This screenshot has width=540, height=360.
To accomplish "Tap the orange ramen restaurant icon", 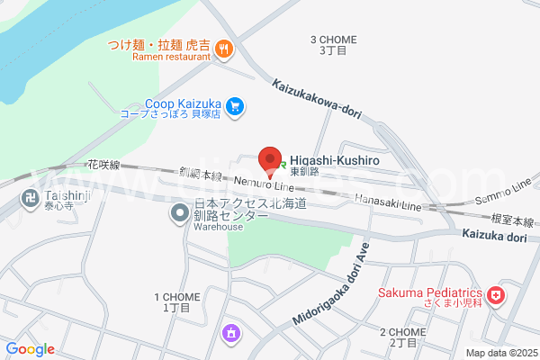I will click(x=224, y=49).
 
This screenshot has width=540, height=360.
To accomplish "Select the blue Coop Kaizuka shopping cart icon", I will click(x=235, y=107).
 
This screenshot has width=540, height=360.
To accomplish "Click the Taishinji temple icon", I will click(x=28, y=197).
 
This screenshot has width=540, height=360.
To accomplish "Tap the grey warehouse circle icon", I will click(x=180, y=214).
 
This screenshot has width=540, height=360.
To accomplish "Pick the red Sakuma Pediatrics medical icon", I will click(x=496, y=295).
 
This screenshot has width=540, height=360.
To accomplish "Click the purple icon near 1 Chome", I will click(x=231, y=334).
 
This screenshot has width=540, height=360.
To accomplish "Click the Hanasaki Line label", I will click(x=387, y=202).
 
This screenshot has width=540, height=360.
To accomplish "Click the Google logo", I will click(x=31, y=349).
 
